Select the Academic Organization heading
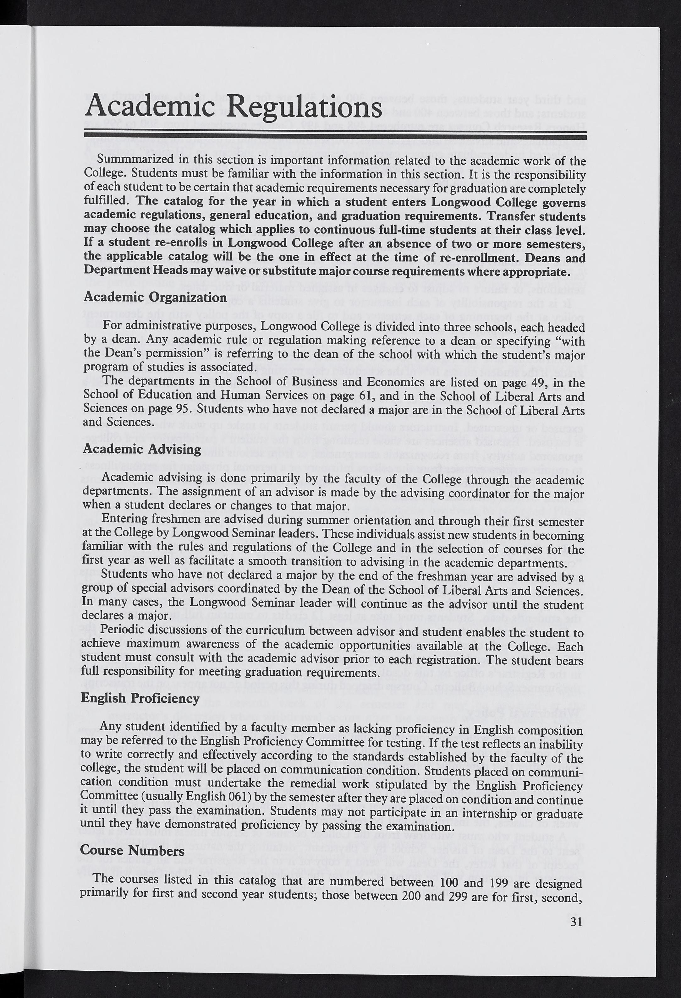tap(155, 297)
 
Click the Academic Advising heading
tap(142, 449)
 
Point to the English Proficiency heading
tap(140, 698)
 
